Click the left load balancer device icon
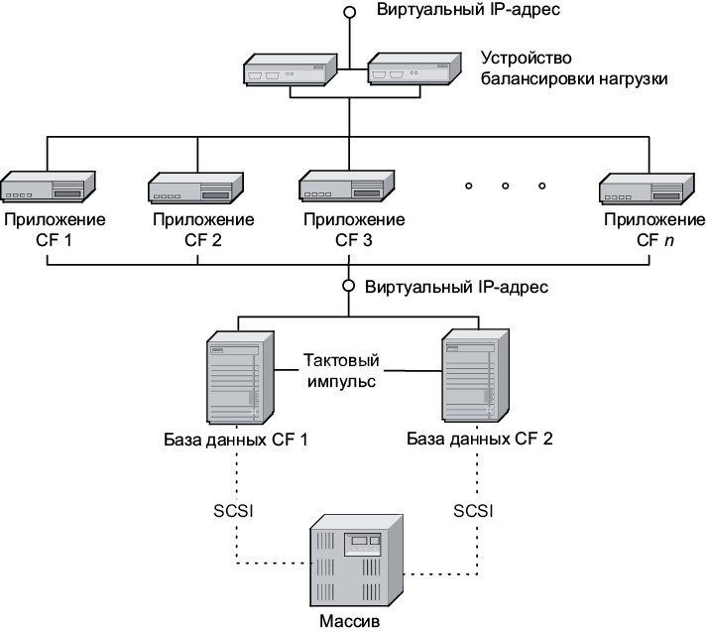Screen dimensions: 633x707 pos(290,71)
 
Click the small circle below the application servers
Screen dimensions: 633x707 pos(349,286)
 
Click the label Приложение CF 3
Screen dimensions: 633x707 pos(347,229)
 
